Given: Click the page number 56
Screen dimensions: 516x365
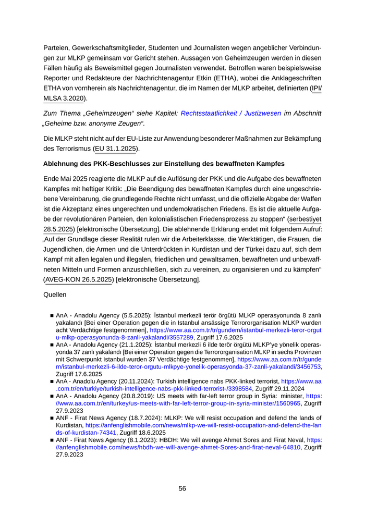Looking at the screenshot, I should tap(182, 488).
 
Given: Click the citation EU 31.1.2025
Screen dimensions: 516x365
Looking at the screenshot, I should tap(116, 149).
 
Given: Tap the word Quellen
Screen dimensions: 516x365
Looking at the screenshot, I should tap(55, 294).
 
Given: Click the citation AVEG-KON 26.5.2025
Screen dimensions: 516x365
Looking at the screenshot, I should tap(79, 279).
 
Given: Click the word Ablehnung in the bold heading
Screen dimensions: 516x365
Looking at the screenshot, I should tap(63, 164).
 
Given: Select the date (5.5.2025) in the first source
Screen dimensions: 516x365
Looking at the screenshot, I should tap(135, 316).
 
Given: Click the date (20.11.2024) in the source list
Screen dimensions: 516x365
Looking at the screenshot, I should tap(139, 381).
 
